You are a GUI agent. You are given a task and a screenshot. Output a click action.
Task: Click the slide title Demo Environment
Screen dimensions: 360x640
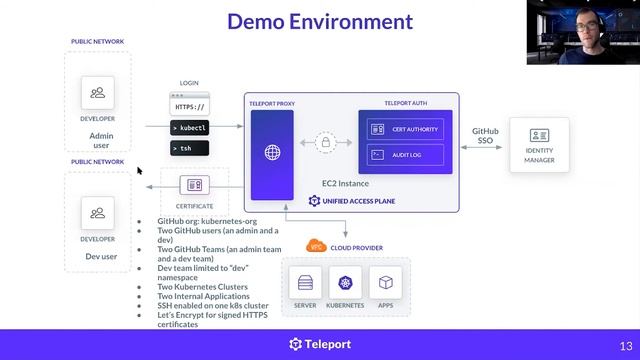click(x=319, y=21)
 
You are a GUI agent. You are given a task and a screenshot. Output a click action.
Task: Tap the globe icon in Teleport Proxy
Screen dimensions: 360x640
click(x=272, y=153)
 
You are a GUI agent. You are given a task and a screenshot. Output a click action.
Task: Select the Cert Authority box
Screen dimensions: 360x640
click(x=405, y=129)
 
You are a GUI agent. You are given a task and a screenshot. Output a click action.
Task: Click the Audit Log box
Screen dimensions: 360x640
click(x=405, y=154)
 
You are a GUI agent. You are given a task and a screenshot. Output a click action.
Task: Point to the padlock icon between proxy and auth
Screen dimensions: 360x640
click(x=325, y=143)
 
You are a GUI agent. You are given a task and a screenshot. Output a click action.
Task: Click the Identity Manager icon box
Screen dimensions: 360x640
click(x=539, y=136)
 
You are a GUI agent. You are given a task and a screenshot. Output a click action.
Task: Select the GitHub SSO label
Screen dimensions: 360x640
click(x=485, y=136)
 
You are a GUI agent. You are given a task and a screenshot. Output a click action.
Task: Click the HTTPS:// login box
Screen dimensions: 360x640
click(x=190, y=106)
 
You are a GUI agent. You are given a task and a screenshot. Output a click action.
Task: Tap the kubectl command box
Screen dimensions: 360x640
click(x=190, y=128)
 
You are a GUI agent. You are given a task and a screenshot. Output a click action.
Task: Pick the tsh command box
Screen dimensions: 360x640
click(x=190, y=148)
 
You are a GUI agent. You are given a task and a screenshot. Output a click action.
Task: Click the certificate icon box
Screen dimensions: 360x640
click(x=195, y=185)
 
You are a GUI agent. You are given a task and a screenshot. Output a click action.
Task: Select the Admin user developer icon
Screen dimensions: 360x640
click(x=97, y=94)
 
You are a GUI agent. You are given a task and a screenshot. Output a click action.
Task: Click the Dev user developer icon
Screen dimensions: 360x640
click(x=97, y=213)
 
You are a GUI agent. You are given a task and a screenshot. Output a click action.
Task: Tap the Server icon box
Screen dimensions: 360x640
click(x=306, y=282)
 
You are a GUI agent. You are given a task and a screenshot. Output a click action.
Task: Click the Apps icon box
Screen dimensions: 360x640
click(x=385, y=282)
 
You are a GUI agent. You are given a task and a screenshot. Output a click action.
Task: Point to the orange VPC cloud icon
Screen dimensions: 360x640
click(x=316, y=247)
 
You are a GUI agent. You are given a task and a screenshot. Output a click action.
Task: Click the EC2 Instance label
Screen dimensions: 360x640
click(x=346, y=183)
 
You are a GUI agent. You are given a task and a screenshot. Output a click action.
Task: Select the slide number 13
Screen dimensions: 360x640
click(x=627, y=345)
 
